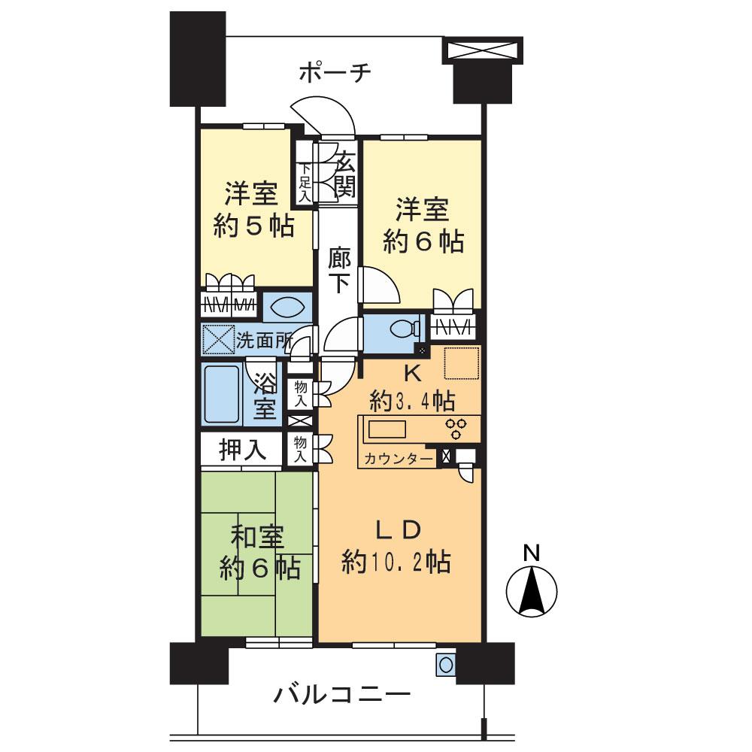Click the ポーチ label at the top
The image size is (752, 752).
point(335,73)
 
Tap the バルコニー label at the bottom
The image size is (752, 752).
point(341,693)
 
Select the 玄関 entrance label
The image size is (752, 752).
point(344,174)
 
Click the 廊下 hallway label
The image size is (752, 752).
point(338,270)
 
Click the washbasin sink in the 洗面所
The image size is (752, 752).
point(287,307)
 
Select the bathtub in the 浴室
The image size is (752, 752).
point(223,395)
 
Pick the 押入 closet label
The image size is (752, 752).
point(242,450)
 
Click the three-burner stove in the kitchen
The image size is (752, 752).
point(456,429)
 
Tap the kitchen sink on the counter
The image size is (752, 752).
point(387,429)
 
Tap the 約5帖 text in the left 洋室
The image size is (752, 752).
point(253,226)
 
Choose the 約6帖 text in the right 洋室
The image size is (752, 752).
point(423,241)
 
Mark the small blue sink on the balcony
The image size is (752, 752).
point(445,665)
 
